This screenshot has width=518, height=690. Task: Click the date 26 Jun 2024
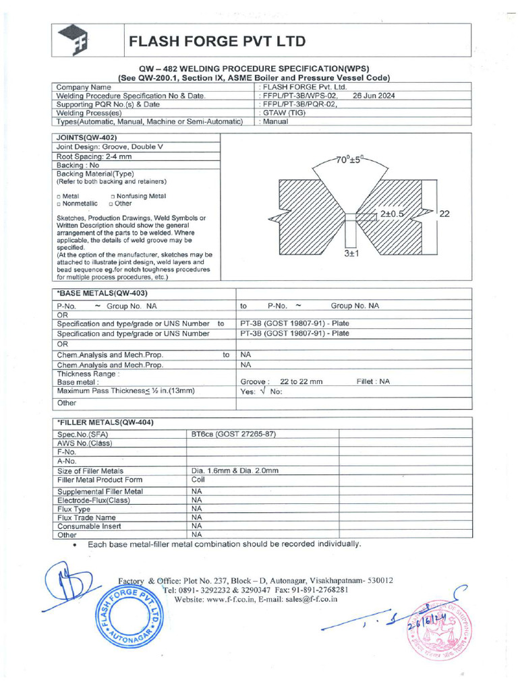point(374,96)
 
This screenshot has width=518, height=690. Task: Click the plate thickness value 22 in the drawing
point(444,214)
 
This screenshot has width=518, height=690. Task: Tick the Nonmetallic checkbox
point(59,203)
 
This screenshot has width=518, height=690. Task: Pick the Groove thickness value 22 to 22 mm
point(301,381)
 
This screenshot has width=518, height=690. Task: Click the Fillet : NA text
point(373,381)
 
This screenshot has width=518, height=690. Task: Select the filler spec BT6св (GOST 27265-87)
point(234,434)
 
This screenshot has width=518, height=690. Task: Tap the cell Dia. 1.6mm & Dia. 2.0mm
point(235,470)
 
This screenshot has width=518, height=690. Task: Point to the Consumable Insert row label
point(90,526)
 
